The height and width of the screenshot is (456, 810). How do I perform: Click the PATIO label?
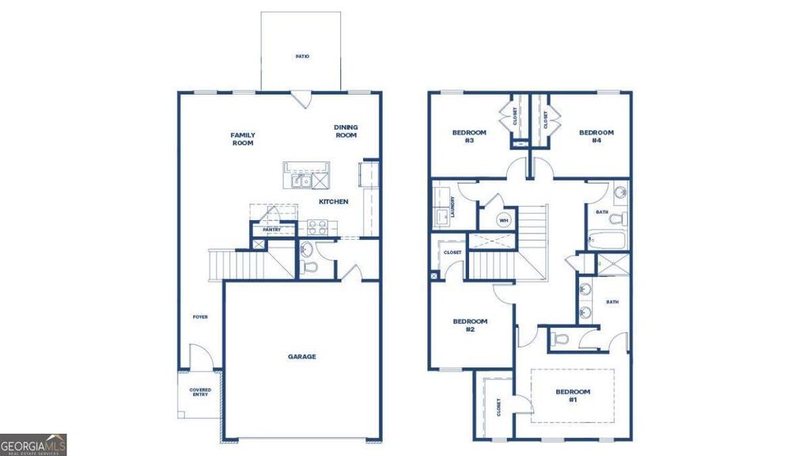301,57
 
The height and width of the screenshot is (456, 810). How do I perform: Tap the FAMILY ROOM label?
243,139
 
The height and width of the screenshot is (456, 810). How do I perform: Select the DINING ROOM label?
346,131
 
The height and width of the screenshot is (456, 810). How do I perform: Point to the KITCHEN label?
333,202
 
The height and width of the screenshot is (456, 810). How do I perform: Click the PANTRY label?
262,230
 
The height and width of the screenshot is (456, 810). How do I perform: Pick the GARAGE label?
301,357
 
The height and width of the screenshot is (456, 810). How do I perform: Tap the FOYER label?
200,317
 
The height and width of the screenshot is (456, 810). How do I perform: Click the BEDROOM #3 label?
469,136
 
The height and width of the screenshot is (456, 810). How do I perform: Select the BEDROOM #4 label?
596,136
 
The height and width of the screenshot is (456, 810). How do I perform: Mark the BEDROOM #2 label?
469,325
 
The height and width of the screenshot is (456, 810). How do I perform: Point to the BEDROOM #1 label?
572,396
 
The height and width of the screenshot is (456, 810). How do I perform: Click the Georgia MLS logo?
33,445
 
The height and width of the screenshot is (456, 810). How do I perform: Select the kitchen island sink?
301,181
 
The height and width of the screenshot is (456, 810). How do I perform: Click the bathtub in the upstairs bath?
607,239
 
